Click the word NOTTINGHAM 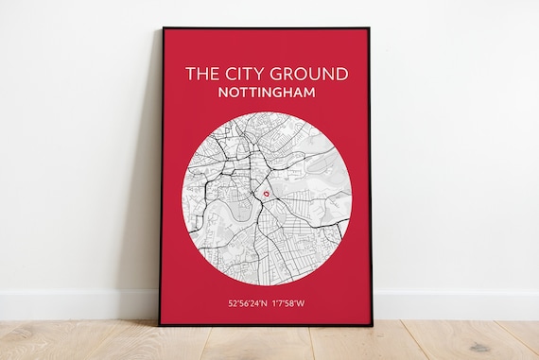coord(267,94)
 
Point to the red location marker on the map coord(267,195)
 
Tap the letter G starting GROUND coord(269,74)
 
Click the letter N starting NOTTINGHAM coord(221,94)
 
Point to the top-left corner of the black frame coord(162,27)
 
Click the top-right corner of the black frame coord(370,27)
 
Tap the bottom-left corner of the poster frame coord(160,326)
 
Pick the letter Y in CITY coord(253,74)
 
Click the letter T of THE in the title coord(189,74)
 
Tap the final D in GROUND coord(340,74)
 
